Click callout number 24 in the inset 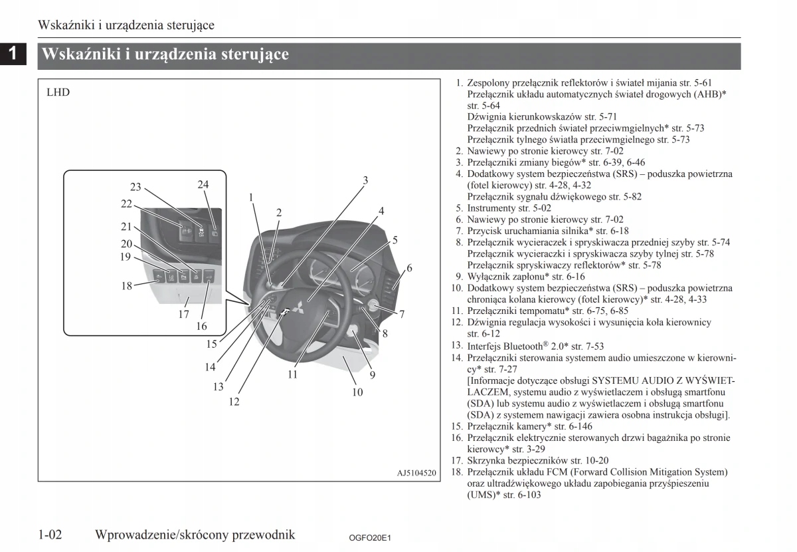[203, 184]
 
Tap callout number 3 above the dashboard [365, 180]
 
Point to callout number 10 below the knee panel [357, 392]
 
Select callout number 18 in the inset [127, 286]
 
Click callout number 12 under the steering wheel [234, 402]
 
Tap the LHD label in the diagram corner [58, 92]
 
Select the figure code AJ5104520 [416, 473]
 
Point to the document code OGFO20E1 [370, 537]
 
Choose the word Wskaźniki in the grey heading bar [80, 55]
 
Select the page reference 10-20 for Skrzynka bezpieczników [596, 460]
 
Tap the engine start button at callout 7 [371, 307]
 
